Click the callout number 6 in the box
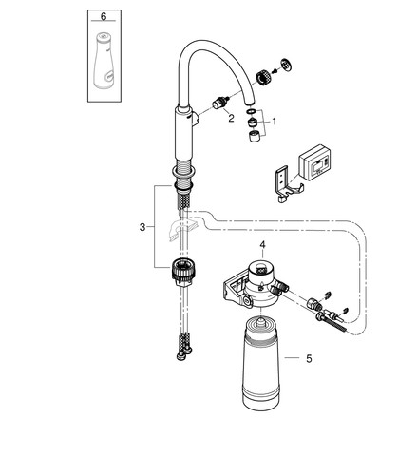(x=104, y=16)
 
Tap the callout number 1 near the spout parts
(x=275, y=122)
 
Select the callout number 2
(x=231, y=119)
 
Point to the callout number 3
(x=142, y=227)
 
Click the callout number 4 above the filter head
(x=262, y=245)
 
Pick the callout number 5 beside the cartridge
(x=309, y=359)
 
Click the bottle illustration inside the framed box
(x=104, y=60)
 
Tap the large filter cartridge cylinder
(x=260, y=363)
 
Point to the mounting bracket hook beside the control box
(x=288, y=183)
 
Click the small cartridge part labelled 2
(x=219, y=103)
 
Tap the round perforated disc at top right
(x=286, y=65)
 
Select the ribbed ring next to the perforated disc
(x=264, y=77)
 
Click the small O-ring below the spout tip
(x=251, y=111)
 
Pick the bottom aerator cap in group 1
(x=255, y=136)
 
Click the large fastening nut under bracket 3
(x=183, y=271)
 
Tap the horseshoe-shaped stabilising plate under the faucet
(x=183, y=229)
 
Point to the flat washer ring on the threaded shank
(x=183, y=172)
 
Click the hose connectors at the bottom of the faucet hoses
(x=184, y=347)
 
